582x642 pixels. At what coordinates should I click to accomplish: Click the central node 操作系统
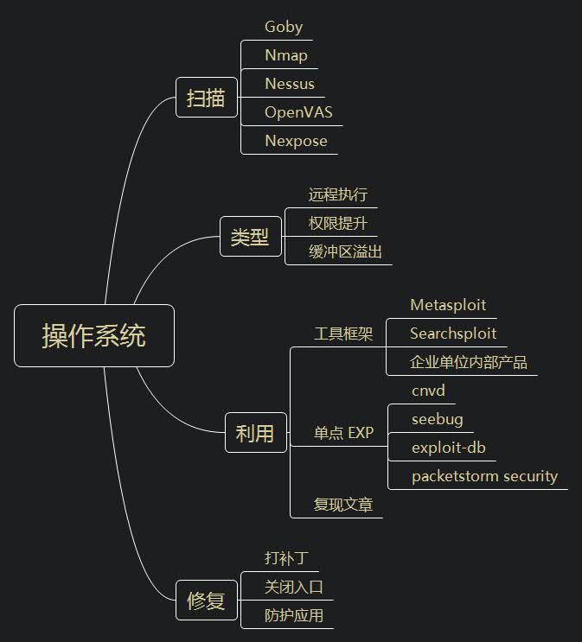[94, 336]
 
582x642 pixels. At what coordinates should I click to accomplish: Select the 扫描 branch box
[206, 99]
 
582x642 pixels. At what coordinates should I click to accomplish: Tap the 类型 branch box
[250, 237]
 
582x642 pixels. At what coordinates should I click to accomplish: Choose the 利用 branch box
[254, 433]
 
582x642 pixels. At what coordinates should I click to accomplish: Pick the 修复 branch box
[206, 601]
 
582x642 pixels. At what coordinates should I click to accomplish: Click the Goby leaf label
[284, 27]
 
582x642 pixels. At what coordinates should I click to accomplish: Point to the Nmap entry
[286, 55]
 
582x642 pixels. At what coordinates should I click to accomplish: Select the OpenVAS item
[298, 112]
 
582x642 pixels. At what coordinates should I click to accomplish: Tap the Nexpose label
[296, 141]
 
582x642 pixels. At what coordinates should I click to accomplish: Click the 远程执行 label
[338, 195]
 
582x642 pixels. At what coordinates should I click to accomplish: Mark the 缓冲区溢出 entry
[345, 252]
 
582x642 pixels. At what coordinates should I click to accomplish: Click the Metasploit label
[448, 305]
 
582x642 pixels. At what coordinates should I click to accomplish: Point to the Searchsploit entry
[453, 334]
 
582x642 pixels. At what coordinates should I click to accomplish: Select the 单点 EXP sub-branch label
[343, 433]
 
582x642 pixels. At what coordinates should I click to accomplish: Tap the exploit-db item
[449, 448]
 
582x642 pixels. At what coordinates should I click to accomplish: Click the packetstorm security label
[484, 476]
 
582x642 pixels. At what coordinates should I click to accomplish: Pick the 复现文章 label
[343, 505]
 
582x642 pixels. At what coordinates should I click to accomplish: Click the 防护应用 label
[294, 615]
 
